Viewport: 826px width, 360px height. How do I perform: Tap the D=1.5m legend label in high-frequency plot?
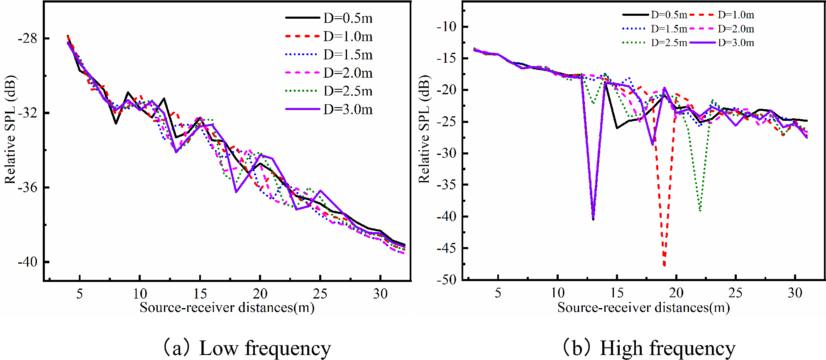[669, 29]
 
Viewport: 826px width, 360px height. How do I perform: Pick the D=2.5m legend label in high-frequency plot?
[669, 43]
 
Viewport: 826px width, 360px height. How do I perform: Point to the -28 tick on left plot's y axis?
[27, 39]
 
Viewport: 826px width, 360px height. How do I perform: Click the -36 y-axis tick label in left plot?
[27, 188]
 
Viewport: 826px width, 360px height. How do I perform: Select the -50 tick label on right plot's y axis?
[446, 280]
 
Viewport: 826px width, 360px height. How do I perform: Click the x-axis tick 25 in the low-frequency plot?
[320, 294]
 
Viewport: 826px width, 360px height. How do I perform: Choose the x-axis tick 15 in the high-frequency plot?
[617, 293]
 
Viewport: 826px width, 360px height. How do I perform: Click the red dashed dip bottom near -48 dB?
[665, 265]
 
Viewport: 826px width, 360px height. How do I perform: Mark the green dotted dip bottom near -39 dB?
[700, 210]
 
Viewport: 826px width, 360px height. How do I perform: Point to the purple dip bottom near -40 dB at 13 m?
[593, 219]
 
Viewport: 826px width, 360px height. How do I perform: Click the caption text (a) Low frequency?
[247, 348]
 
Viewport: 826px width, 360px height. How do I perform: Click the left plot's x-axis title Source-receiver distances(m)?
[227, 308]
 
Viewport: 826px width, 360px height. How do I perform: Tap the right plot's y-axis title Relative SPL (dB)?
[424, 129]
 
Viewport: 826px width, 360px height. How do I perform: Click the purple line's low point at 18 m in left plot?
[236, 191]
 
